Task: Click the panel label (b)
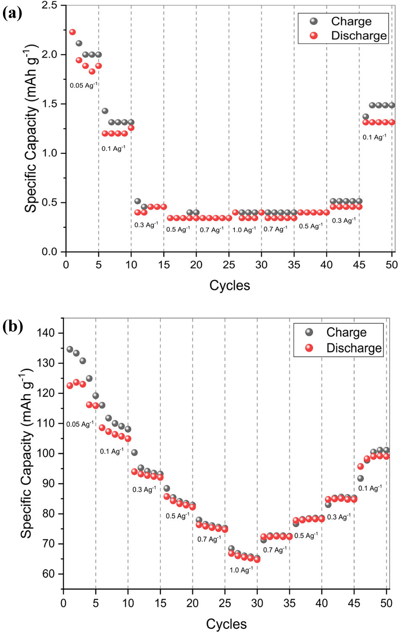tap(12, 326)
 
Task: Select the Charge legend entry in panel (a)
tap(351, 21)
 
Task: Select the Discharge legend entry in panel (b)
tap(353, 348)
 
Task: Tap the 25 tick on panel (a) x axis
tap(229, 265)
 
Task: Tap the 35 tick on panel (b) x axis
tap(289, 603)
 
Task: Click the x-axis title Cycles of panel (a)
tap(229, 285)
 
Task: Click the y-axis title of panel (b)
tap(26, 454)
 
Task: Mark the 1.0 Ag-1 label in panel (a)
tap(244, 230)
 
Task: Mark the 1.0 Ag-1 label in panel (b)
tap(241, 570)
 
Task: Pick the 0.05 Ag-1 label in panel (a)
tap(84, 85)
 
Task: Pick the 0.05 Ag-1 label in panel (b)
tap(80, 424)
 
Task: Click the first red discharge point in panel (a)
tap(72, 32)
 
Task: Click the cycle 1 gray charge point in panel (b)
tap(70, 349)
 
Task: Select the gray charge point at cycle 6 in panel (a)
tap(105, 111)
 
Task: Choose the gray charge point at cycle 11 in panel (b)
tap(134, 453)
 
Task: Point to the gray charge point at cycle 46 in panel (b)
tap(360, 478)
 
